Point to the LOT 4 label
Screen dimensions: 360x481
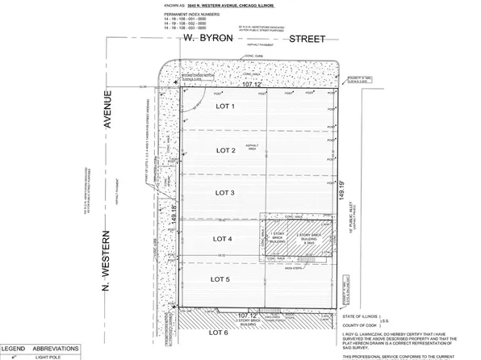221,240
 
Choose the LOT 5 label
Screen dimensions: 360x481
221,279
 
